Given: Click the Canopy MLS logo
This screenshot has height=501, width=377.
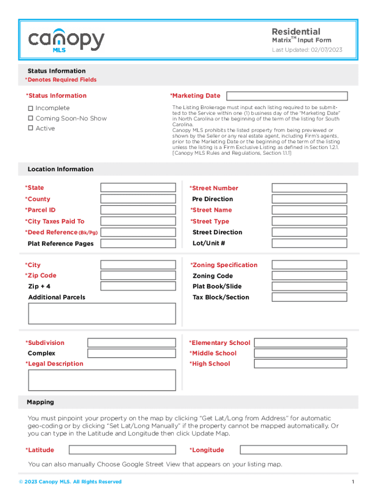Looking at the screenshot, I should pyautogui.click(x=66, y=40).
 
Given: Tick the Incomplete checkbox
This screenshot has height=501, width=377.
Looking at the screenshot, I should pyautogui.click(x=30, y=108).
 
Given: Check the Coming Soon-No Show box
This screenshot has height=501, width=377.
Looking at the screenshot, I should pyautogui.click(x=30, y=118).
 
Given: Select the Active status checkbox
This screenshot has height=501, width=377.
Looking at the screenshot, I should pyautogui.click(x=30, y=128).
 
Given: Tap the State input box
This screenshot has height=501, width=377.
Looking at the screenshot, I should pyautogui.click(x=138, y=187).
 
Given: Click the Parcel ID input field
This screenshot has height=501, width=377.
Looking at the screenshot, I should pyautogui.click(x=138, y=210).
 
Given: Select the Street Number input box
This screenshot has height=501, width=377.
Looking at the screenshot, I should pyautogui.click(x=309, y=188).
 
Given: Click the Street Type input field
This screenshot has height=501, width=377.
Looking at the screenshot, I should pyautogui.click(x=309, y=221).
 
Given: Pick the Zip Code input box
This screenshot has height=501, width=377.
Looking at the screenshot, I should pyautogui.click(x=138, y=275).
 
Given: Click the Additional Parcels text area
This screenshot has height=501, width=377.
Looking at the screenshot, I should pyautogui.click(x=102, y=314).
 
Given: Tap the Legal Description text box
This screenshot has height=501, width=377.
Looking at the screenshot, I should pyautogui.click(x=102, y=380).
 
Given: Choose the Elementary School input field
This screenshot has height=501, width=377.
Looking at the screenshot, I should pyautogui.click(x=301, y=343).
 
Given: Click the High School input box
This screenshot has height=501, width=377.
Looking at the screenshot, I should pyautogui.click(x=301, y=364).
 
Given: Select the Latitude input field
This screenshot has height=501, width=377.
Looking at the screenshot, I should pyautogui.click(x=122, y=450).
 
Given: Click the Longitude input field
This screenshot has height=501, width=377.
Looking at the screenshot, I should pyautogui.click(x=293, y=450).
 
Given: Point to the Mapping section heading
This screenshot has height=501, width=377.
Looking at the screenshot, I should pyautogui.click(x=41, y=402).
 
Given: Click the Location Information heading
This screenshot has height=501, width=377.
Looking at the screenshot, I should pyautogui.click(x=60, y=169).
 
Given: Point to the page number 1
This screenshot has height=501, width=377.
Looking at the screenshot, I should pyautogui.click(x=353, y=482).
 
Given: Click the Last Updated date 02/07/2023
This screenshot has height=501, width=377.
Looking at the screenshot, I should pyautogui.click(x=326, y=50).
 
